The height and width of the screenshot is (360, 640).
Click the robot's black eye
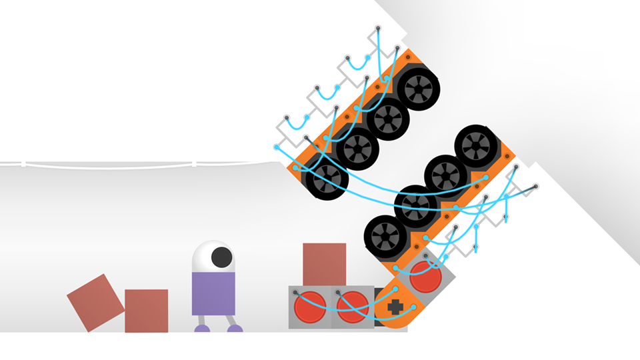(221, 257)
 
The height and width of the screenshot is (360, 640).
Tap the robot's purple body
(213, 293)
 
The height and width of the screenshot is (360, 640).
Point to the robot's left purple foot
(202, 328)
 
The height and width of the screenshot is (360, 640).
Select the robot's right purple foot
(235, 328)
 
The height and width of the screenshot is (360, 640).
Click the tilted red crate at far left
(95, 303)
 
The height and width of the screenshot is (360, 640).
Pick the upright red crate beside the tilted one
(146, 310)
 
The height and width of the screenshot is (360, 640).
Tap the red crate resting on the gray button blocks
(325, 265)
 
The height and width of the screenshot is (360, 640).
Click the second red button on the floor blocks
(352, 307)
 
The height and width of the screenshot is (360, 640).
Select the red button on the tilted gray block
(425, 276)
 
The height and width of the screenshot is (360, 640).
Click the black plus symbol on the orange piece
(395, 308)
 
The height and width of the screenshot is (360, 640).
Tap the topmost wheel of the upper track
(419, 87)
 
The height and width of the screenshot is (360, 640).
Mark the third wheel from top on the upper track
(357, 149)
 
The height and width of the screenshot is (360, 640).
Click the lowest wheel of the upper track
(327, 179)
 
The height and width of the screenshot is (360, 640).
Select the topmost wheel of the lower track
(477, 145)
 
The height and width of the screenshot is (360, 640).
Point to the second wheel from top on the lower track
(445, 175)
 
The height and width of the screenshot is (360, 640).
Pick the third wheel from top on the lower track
(415, 205)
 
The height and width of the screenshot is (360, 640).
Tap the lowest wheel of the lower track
(385, 235)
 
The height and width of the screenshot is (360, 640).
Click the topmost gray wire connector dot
(378, 28)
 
